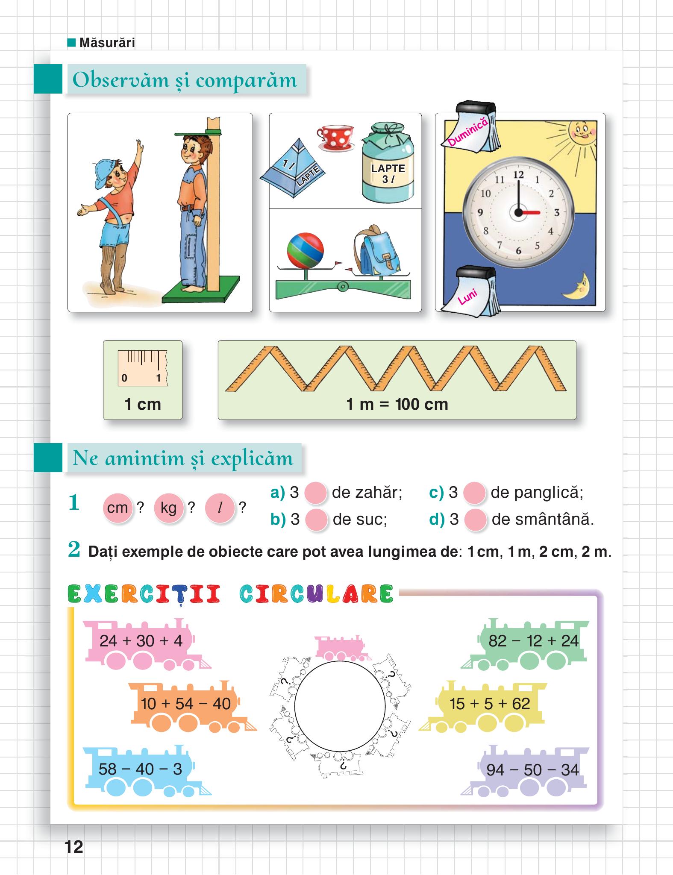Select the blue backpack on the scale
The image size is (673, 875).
(x=376, y=251)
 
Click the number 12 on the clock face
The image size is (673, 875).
(x=518, y=174)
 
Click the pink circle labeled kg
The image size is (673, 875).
(x=168, y=508)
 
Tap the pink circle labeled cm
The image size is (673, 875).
(x=118, y=508)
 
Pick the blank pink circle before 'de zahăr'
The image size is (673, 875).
(x=316, y=493)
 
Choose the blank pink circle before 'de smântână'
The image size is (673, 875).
(x=475, y=520)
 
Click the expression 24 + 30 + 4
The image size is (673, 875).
(x=141, y=641)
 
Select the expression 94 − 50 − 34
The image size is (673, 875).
(x=532, y=769)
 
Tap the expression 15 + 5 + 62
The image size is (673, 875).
(x=490, y=703)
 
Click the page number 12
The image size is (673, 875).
(x=74, y=846)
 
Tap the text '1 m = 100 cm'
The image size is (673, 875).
(x=397, y=404)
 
